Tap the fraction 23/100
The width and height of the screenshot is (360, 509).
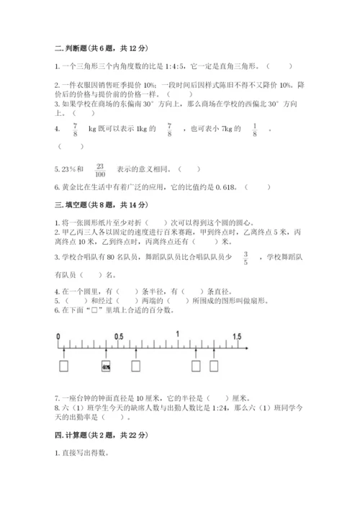coord(100,170)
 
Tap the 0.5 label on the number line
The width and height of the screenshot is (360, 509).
coord(119,336)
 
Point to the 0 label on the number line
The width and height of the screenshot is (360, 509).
coord(56,336)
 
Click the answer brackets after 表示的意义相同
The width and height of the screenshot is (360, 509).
coord(189,170)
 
